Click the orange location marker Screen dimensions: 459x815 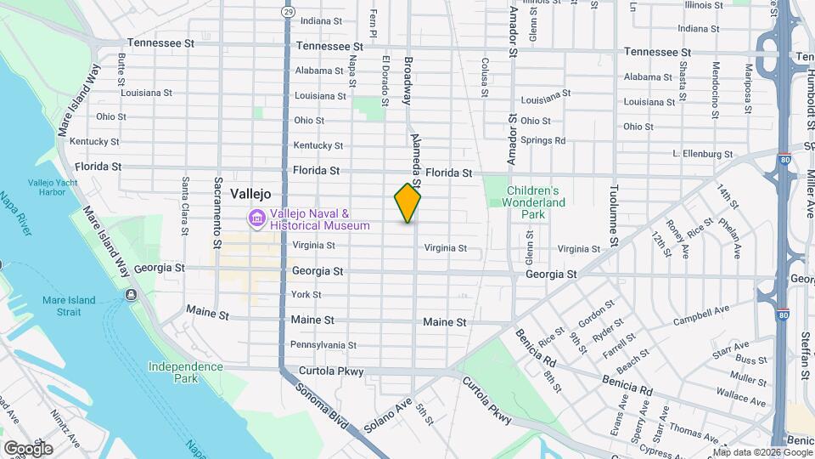407,203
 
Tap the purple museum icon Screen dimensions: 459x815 256,219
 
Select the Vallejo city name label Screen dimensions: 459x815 250,194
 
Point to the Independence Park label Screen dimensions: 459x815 185,367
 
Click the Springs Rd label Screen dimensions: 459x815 542,140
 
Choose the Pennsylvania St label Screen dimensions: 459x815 323,345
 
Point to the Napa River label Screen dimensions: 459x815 20,213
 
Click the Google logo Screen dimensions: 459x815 28,448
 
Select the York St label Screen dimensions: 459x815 306,294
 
